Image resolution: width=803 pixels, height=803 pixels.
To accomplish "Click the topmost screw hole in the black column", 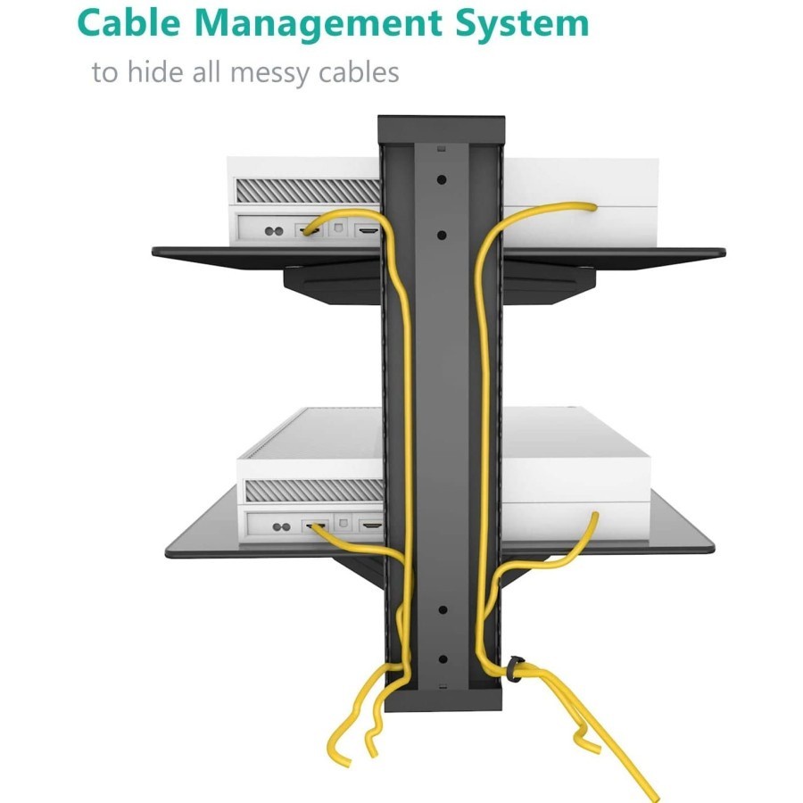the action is [x=442, y=178].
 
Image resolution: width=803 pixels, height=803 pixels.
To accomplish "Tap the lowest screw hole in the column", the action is [x=442, y=660].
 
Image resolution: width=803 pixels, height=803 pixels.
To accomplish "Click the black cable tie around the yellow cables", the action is [x=516, y=669].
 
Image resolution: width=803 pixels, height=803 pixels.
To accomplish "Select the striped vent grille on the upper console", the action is [x=306, y=190].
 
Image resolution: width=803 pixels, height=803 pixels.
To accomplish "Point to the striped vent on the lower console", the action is [x=308, y=490].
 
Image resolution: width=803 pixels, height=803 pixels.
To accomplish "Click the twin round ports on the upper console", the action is [x=274, y=231].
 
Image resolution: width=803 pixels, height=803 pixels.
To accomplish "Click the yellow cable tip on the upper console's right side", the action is [x=592, y=206].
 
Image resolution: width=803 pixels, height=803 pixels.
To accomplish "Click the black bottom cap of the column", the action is [x=441, y=701].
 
